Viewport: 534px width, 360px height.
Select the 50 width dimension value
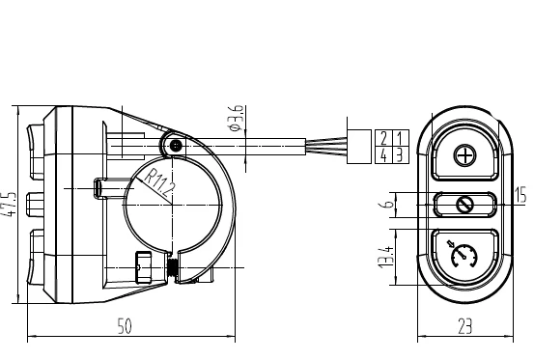(x=125, y=328)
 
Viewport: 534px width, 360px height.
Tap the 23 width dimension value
(x=464, y=328)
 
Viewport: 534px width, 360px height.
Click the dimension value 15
(x=521, y=196)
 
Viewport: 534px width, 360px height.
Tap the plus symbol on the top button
(x=465, y=156)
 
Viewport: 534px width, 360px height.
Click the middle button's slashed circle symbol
(x=464, y=205)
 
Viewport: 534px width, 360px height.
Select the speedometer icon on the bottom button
(x=464, y=257)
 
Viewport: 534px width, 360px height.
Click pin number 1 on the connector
(x=398, y=137)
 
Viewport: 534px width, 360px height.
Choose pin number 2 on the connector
(x=384, y=137)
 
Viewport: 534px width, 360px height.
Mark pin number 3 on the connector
(x=398, y=153)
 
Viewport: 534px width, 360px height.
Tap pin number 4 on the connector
(x=384, y=153)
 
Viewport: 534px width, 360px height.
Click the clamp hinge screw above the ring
(x=175, y=146)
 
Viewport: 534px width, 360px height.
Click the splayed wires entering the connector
(x=328, y=146)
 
